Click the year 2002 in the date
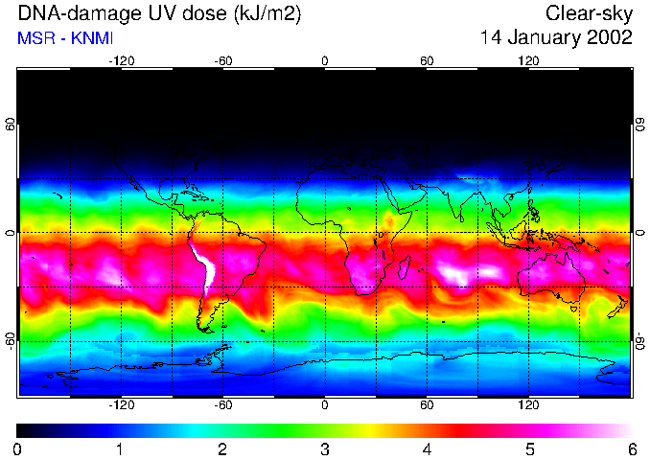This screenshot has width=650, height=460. point(612,38)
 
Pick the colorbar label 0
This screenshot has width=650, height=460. point(18,448)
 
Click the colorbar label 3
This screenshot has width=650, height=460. point(324,448)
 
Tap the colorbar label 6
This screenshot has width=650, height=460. point(631,448)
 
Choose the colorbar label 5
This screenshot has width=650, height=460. point(528,448)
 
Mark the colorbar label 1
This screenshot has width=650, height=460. point(120,448)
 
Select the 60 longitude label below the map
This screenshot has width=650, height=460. point(427,405)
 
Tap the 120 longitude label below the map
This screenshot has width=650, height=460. point(528,405)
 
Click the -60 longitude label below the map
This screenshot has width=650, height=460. point(223,405)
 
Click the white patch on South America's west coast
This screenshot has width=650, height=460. point(204,268)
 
